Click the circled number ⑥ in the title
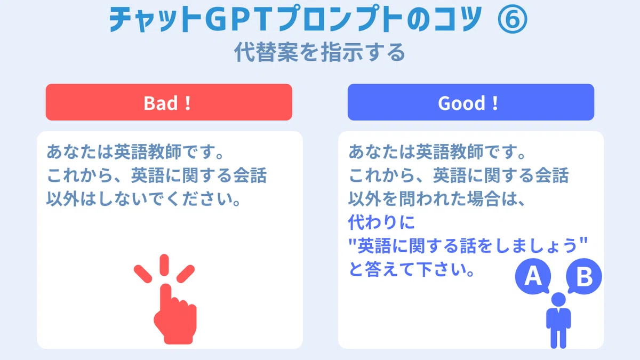point(513,19)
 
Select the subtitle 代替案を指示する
point(319,52)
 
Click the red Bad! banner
point(169,102)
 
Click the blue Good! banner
point(471,102)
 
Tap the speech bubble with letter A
point(533,276)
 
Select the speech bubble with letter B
point(584,276)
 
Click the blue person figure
point(558,321)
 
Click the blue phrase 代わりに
point(381,222)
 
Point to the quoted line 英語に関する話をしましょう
point(468,245)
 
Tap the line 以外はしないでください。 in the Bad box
point(144,199)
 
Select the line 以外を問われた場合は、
point(437,199)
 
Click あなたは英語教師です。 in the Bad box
point(135,151)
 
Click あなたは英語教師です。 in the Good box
point(437,151)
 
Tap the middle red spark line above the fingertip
point(164,265)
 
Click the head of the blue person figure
point(558,299)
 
